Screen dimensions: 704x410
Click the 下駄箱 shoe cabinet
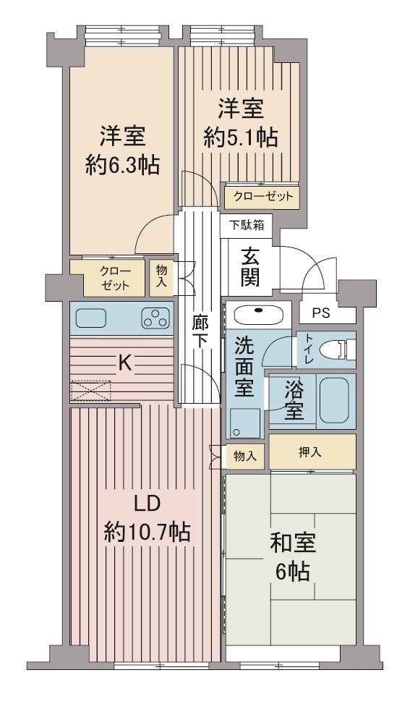click(247, 224)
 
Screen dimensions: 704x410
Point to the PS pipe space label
click(320, 313)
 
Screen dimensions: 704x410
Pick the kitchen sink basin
click(91, 318)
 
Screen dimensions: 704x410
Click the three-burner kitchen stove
click(155, 318)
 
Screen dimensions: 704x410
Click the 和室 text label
click(293, 543)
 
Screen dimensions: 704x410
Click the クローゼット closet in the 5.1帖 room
click(262, 196)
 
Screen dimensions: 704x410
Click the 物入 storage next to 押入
click(244, 456)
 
